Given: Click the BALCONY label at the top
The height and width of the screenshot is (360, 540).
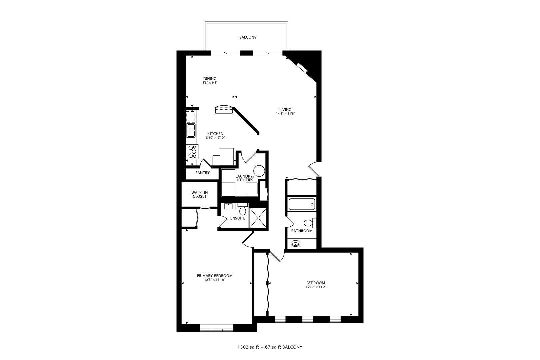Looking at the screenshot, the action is [248, 37].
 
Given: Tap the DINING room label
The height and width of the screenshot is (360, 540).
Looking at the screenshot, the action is [210, 79].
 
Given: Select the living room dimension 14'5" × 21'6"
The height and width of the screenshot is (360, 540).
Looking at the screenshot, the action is [285, 114].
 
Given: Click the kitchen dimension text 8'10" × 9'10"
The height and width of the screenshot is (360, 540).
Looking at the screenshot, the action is [215, 138].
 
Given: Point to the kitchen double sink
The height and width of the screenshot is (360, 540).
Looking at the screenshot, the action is [191, 130].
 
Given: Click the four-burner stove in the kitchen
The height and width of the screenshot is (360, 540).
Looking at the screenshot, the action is [192, 152].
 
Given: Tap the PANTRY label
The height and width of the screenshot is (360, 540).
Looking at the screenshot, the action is [203, 173].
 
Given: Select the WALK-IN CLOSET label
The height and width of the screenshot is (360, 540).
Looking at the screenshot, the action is [200, 195].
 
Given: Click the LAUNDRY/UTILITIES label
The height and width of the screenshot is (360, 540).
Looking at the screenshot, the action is [244, 178].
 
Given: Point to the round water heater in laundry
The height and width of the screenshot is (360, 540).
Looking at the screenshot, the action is [259, 171].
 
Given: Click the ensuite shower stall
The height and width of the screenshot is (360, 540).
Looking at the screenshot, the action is [258, 218].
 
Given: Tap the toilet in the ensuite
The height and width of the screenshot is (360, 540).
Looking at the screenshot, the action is [242, 209].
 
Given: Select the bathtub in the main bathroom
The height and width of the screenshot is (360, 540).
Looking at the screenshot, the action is [302, 204].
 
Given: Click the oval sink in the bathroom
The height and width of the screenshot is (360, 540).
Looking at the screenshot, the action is [295, 244].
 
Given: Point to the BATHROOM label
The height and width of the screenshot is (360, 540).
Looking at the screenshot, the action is [302, 231].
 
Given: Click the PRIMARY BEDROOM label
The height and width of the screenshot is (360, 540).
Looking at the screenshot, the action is [215, 276].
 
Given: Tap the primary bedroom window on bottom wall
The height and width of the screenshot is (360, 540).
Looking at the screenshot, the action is [217, 328].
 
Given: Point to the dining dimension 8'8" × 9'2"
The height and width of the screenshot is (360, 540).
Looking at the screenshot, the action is [210, 83].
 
